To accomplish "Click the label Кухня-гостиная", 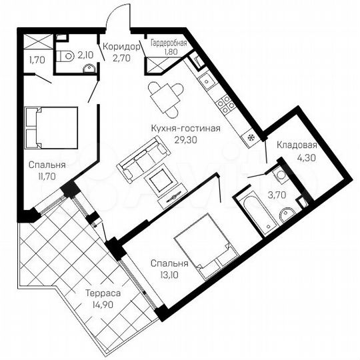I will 186,129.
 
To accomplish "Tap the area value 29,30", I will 186,140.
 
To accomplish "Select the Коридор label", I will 121,47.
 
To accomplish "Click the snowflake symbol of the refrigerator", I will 251,138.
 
